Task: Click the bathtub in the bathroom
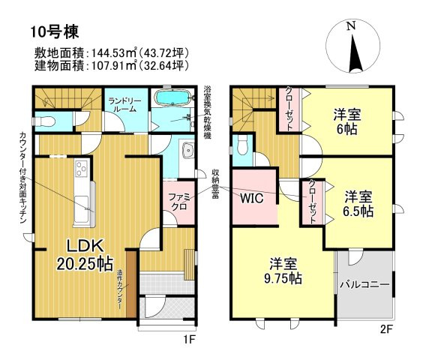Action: (x=173, y=97)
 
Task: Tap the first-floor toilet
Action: (x=46, y=121)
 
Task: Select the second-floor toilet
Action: (x=243, y=145)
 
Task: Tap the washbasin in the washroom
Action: (x=188, y=150)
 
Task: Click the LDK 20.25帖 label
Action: (x=85, y=255)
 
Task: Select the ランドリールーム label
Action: (x=124, y=105)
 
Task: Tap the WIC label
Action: (x=252, y=199)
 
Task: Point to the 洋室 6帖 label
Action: (x=347, y=121)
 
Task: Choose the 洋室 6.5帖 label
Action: (x=358, y=204)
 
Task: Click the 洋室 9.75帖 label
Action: (x=283, y=271)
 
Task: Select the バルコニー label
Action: (x=364, y=285)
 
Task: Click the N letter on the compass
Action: (x=351, y=26)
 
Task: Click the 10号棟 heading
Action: (x=55, y=31)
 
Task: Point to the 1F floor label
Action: (x=189, y=340)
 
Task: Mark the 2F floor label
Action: (x=386, y=329)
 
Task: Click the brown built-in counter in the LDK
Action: (x=131, y=284)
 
